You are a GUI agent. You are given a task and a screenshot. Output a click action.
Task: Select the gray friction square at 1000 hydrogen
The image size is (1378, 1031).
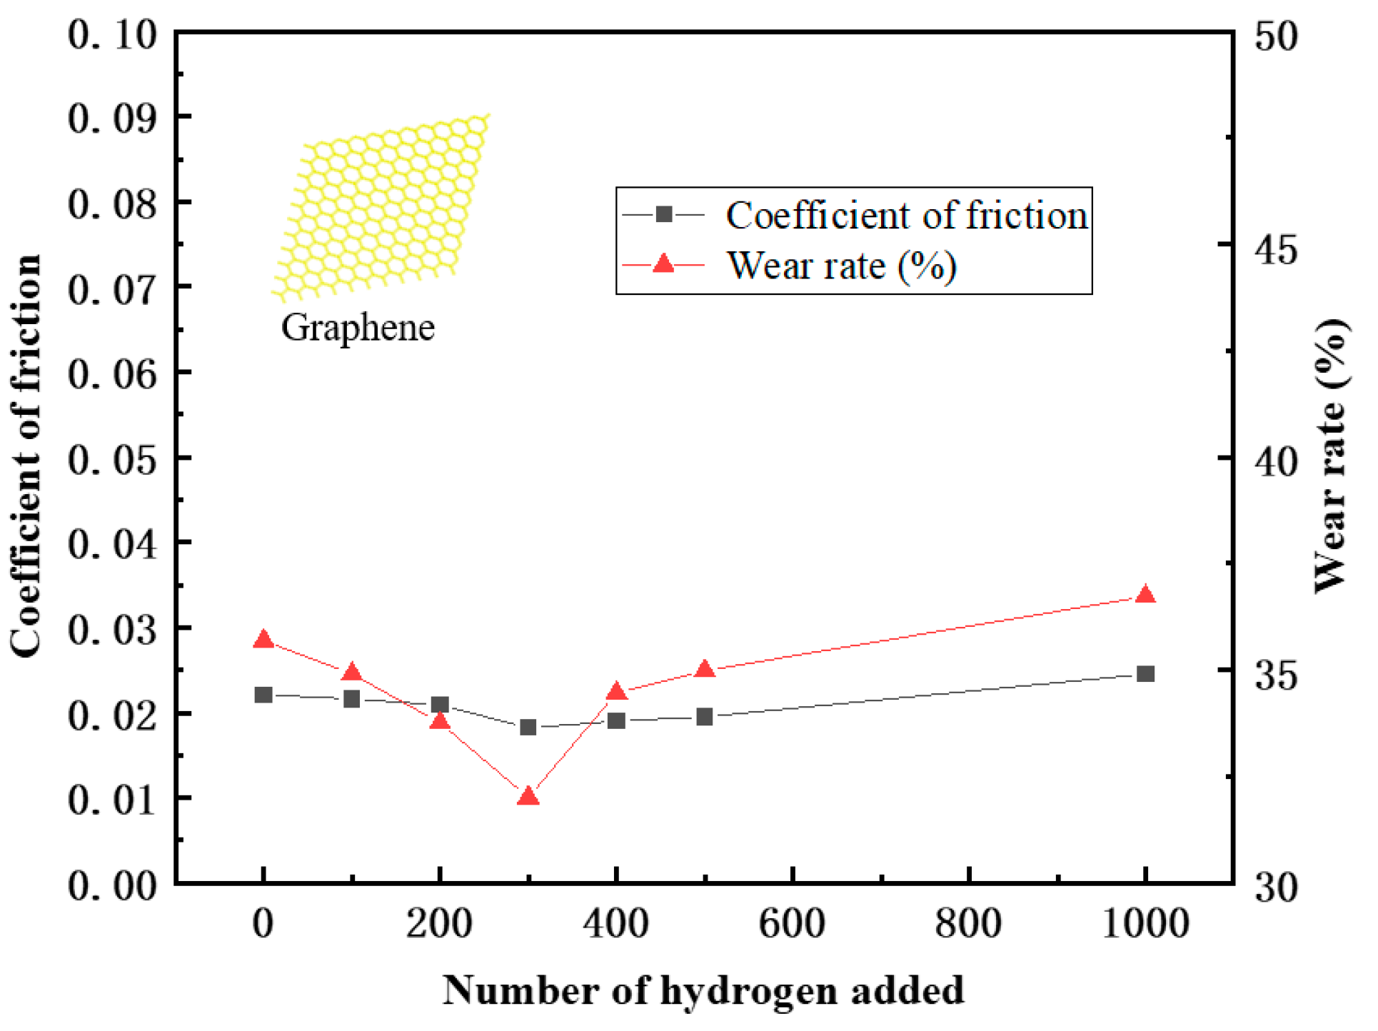pos(1145,674)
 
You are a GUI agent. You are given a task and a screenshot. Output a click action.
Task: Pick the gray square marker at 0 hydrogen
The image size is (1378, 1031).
pos(263,695)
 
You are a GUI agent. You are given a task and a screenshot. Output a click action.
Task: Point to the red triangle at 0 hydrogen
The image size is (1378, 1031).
pos(263,640)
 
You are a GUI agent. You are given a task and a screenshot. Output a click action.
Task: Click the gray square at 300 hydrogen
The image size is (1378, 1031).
pos(528,728)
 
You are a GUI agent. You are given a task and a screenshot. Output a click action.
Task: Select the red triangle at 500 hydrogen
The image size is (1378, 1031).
pos(705,670)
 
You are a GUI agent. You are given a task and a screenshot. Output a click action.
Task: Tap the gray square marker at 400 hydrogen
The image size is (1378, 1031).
pos(616,720)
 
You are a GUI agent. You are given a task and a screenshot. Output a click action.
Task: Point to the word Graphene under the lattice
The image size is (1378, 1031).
pos(358,328)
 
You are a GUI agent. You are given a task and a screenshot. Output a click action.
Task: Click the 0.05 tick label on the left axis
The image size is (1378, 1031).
pos(112,459)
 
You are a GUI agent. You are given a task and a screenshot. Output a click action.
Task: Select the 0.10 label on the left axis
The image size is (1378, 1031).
pos(112,34)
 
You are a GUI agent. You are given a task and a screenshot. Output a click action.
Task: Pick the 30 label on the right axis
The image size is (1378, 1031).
pos(1276,887)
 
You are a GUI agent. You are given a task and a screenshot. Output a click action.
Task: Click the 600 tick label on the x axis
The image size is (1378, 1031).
pos(792,922)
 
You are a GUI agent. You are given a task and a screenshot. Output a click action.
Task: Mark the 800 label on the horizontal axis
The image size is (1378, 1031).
pos(968,922)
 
